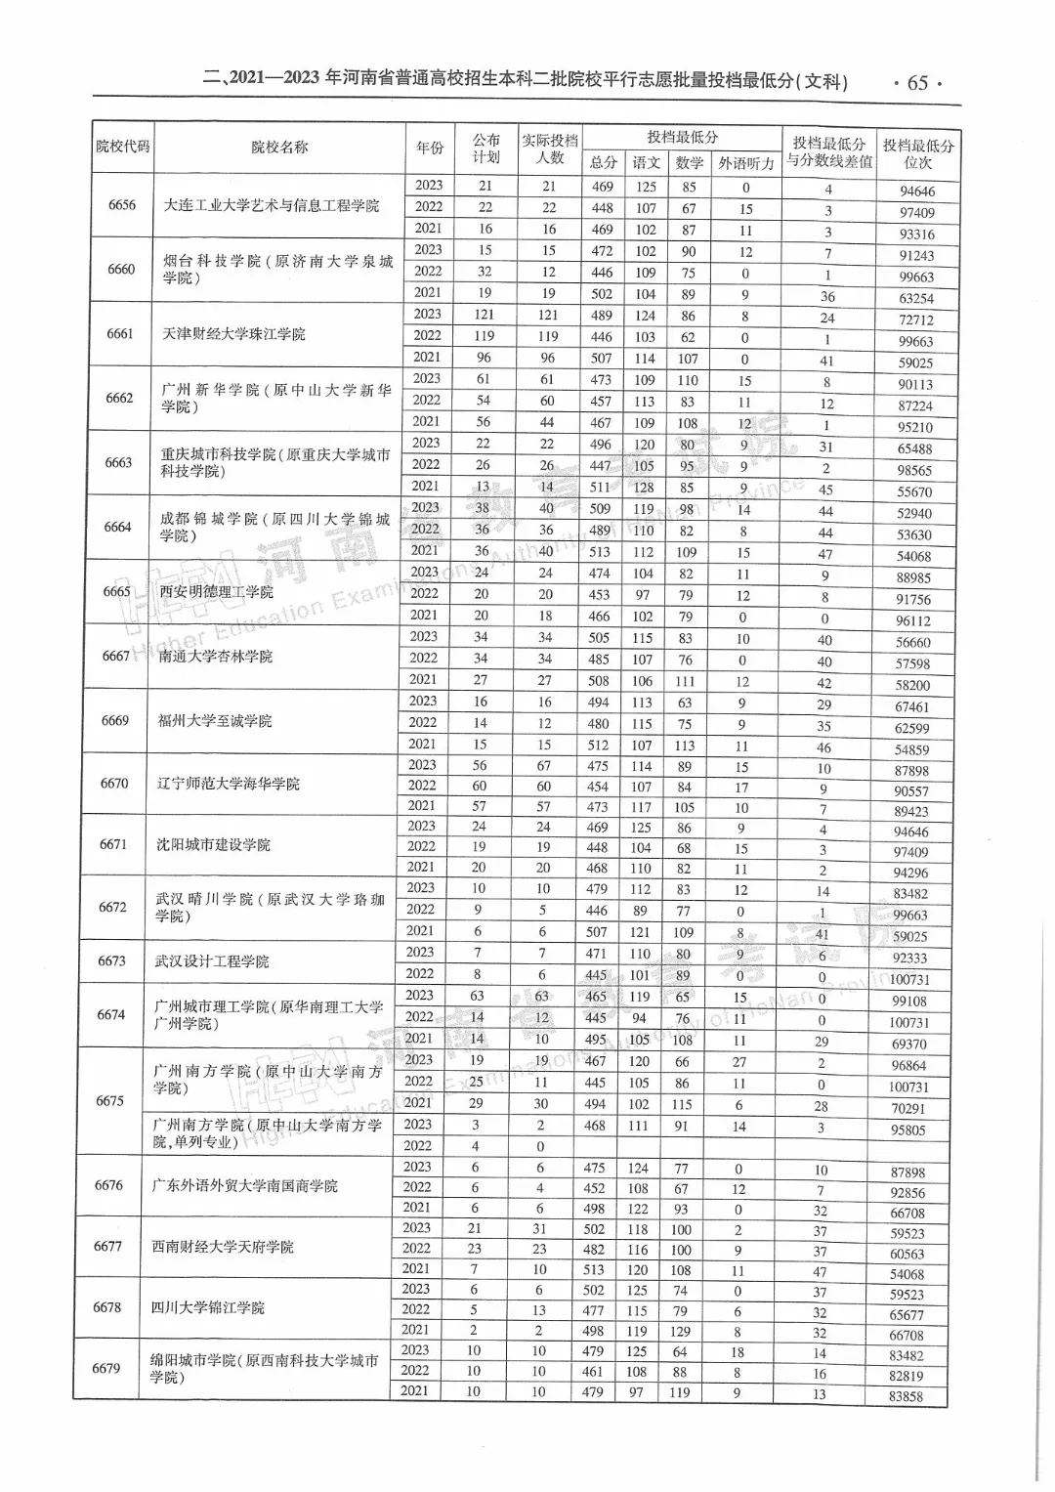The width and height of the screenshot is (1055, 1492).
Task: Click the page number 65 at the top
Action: (x=917, y=83)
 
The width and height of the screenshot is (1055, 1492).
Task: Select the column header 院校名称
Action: (x=279, y=148)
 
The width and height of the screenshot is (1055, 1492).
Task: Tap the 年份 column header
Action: (x=430, y=148)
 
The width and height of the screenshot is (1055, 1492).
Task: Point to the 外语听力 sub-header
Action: (x=746, y=163)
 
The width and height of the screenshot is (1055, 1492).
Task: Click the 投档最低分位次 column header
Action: (x=918, y=153)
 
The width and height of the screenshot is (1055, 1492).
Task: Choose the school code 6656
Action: (x=122, y=205)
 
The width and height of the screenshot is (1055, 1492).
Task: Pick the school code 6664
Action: (x=117, y=528)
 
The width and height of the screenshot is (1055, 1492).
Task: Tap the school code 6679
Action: (x=105, y=1368)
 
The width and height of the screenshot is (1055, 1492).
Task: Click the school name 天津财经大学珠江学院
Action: (x=233, y=334)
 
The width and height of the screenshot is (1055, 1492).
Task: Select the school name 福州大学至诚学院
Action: (x=215, y=721)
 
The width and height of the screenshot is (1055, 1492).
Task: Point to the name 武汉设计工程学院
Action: (x=211, y=961)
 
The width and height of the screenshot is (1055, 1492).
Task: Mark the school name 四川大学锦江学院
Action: (x=207, y=1307)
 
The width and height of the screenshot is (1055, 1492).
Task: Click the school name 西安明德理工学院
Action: (x=216, y=592)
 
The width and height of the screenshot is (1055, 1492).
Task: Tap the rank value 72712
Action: (x=916, y=320)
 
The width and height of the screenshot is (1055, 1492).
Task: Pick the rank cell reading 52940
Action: (x=914, y=514)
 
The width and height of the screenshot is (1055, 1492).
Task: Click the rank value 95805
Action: (x=908, y=1130)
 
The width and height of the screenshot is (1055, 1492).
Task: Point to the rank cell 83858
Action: (x=907, y=1396)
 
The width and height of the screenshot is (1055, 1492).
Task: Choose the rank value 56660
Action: (x=913, y=643)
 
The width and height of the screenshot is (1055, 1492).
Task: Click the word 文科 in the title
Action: (x=821, y=82)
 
